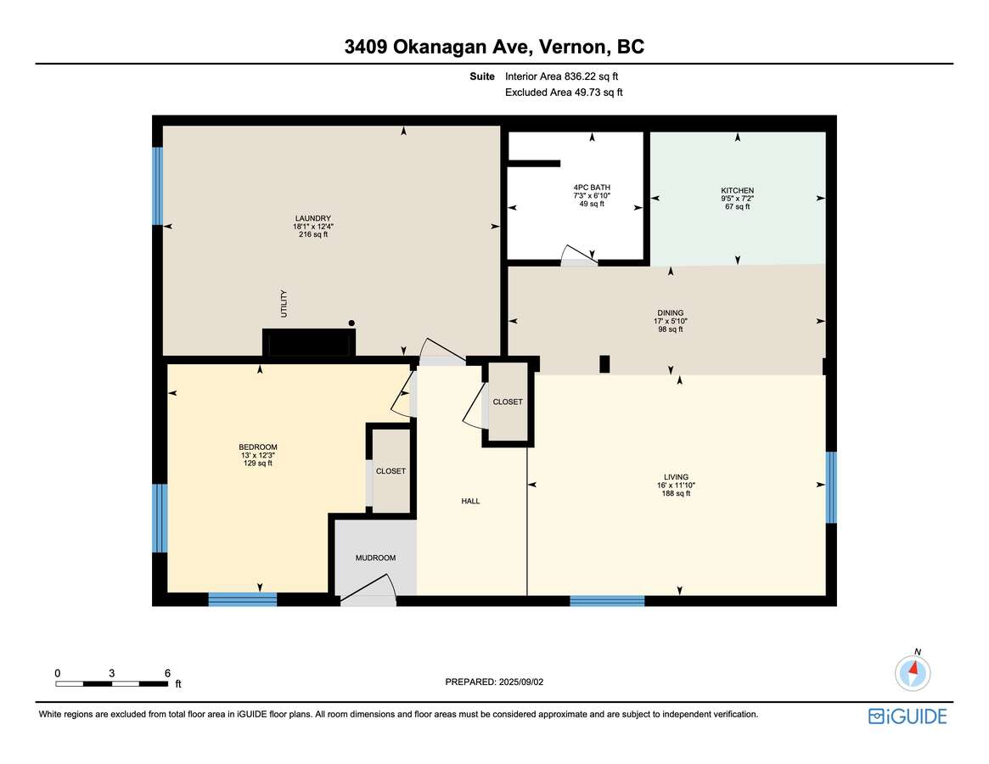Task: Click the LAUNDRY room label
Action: (x=313, y=218)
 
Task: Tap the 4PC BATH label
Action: (x=592, y=188)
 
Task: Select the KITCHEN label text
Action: (x=738, y=190)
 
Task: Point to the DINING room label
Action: (x=671, y=313)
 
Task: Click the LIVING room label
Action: (x=676, y=477)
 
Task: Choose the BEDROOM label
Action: (x=258, y=447)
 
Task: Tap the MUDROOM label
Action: (x=375, y=558)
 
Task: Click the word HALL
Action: (x=470, y=501)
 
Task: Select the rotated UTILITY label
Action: (x=284, y=303)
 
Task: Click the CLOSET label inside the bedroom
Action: (x=391, y=471)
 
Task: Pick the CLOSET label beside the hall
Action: (x=508, y=402)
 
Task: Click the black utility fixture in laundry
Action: (x=309, y=343)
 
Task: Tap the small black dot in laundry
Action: (x=351, y=323)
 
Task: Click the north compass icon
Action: (x=913, y=672)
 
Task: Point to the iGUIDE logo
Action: (x=908, y=716)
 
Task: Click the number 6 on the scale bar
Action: (x=168, y=673)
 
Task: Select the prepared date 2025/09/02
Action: (x=521, y=682)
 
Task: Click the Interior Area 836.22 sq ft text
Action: (x=561, y=76)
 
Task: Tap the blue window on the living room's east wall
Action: (x=831, y=487)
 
